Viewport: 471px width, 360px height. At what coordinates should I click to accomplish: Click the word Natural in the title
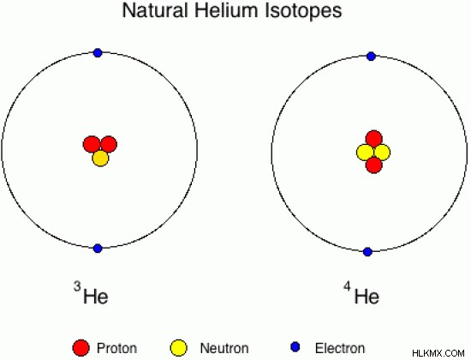pyautogui.click(x=155, y=10)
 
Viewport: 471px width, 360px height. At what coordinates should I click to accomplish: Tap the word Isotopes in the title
pyautogui.click(x=303, y=10)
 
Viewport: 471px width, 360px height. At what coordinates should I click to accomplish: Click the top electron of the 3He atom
pyautogui.click(x=98, y=53)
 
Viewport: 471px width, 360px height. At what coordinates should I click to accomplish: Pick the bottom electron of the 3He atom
pyautogui.click(x=98, y=249)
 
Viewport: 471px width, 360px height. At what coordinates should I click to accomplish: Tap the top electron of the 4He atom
pyautogui.click(x=372, y=57)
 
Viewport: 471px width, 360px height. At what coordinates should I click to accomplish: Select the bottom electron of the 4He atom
pyautogui.click(x=367, y=252)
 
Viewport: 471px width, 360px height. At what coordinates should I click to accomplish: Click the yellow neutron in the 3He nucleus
pyautogui.click(x=100, y=159)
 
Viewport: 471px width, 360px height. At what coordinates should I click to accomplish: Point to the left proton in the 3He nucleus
pyautogui.click(x=92, y=144)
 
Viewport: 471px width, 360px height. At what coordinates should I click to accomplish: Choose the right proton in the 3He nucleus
pyautogui.click(x=109, y=144)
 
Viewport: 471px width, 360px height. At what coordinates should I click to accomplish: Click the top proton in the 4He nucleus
pyautogui.click(x=374, y=139)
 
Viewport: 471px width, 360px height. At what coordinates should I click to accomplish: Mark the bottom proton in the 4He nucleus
pyautogui.click(x=374, y=165)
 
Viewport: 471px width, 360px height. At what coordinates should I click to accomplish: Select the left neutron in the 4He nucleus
pyautogui.click(x=365, y=153)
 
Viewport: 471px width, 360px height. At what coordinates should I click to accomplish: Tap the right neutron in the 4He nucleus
pyautogui.click(x=382, y=153)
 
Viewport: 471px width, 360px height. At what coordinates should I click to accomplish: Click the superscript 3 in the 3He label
pyautogui.click(x=77, y=286)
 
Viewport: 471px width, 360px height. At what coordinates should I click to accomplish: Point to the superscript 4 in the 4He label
pyautogui.click(x=347, y=286)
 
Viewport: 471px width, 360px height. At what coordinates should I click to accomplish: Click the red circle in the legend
pyautogui.click(x=81, y=348)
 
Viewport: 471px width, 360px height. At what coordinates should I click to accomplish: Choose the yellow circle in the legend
pyautogui.click(x=179, y=348)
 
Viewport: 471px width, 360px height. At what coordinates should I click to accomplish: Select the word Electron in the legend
pyautogui.click(x=340, y=348)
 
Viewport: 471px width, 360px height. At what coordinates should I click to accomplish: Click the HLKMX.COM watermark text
pyautogui.click(x=438, y=353)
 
